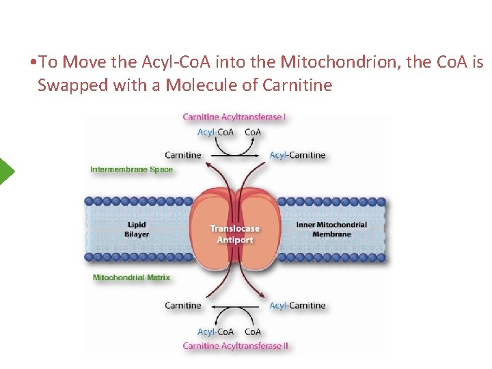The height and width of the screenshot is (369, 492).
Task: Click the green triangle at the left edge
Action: tap(6, 171)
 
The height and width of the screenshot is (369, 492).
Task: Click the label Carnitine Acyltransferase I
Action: tap(234, 117)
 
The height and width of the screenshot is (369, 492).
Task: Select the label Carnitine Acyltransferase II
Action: tap(235, 346)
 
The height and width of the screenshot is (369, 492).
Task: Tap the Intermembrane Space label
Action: tap(131, 169)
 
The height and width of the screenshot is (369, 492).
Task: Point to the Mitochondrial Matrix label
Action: tap(131, 278)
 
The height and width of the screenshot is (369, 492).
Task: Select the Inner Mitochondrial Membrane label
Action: tap(331, 230)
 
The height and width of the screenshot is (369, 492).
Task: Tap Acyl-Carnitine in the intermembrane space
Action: tap(297, 155)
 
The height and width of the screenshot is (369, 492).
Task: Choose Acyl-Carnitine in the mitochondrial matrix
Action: tap(297, 305)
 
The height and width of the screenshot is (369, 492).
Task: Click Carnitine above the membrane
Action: tap(183, 155)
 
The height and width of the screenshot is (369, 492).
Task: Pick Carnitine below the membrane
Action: tap(183, 305)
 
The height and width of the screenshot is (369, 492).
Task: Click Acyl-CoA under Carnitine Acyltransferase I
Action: tap(215, 132)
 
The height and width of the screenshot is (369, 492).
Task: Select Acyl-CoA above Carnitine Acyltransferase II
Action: tap(215, 332)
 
